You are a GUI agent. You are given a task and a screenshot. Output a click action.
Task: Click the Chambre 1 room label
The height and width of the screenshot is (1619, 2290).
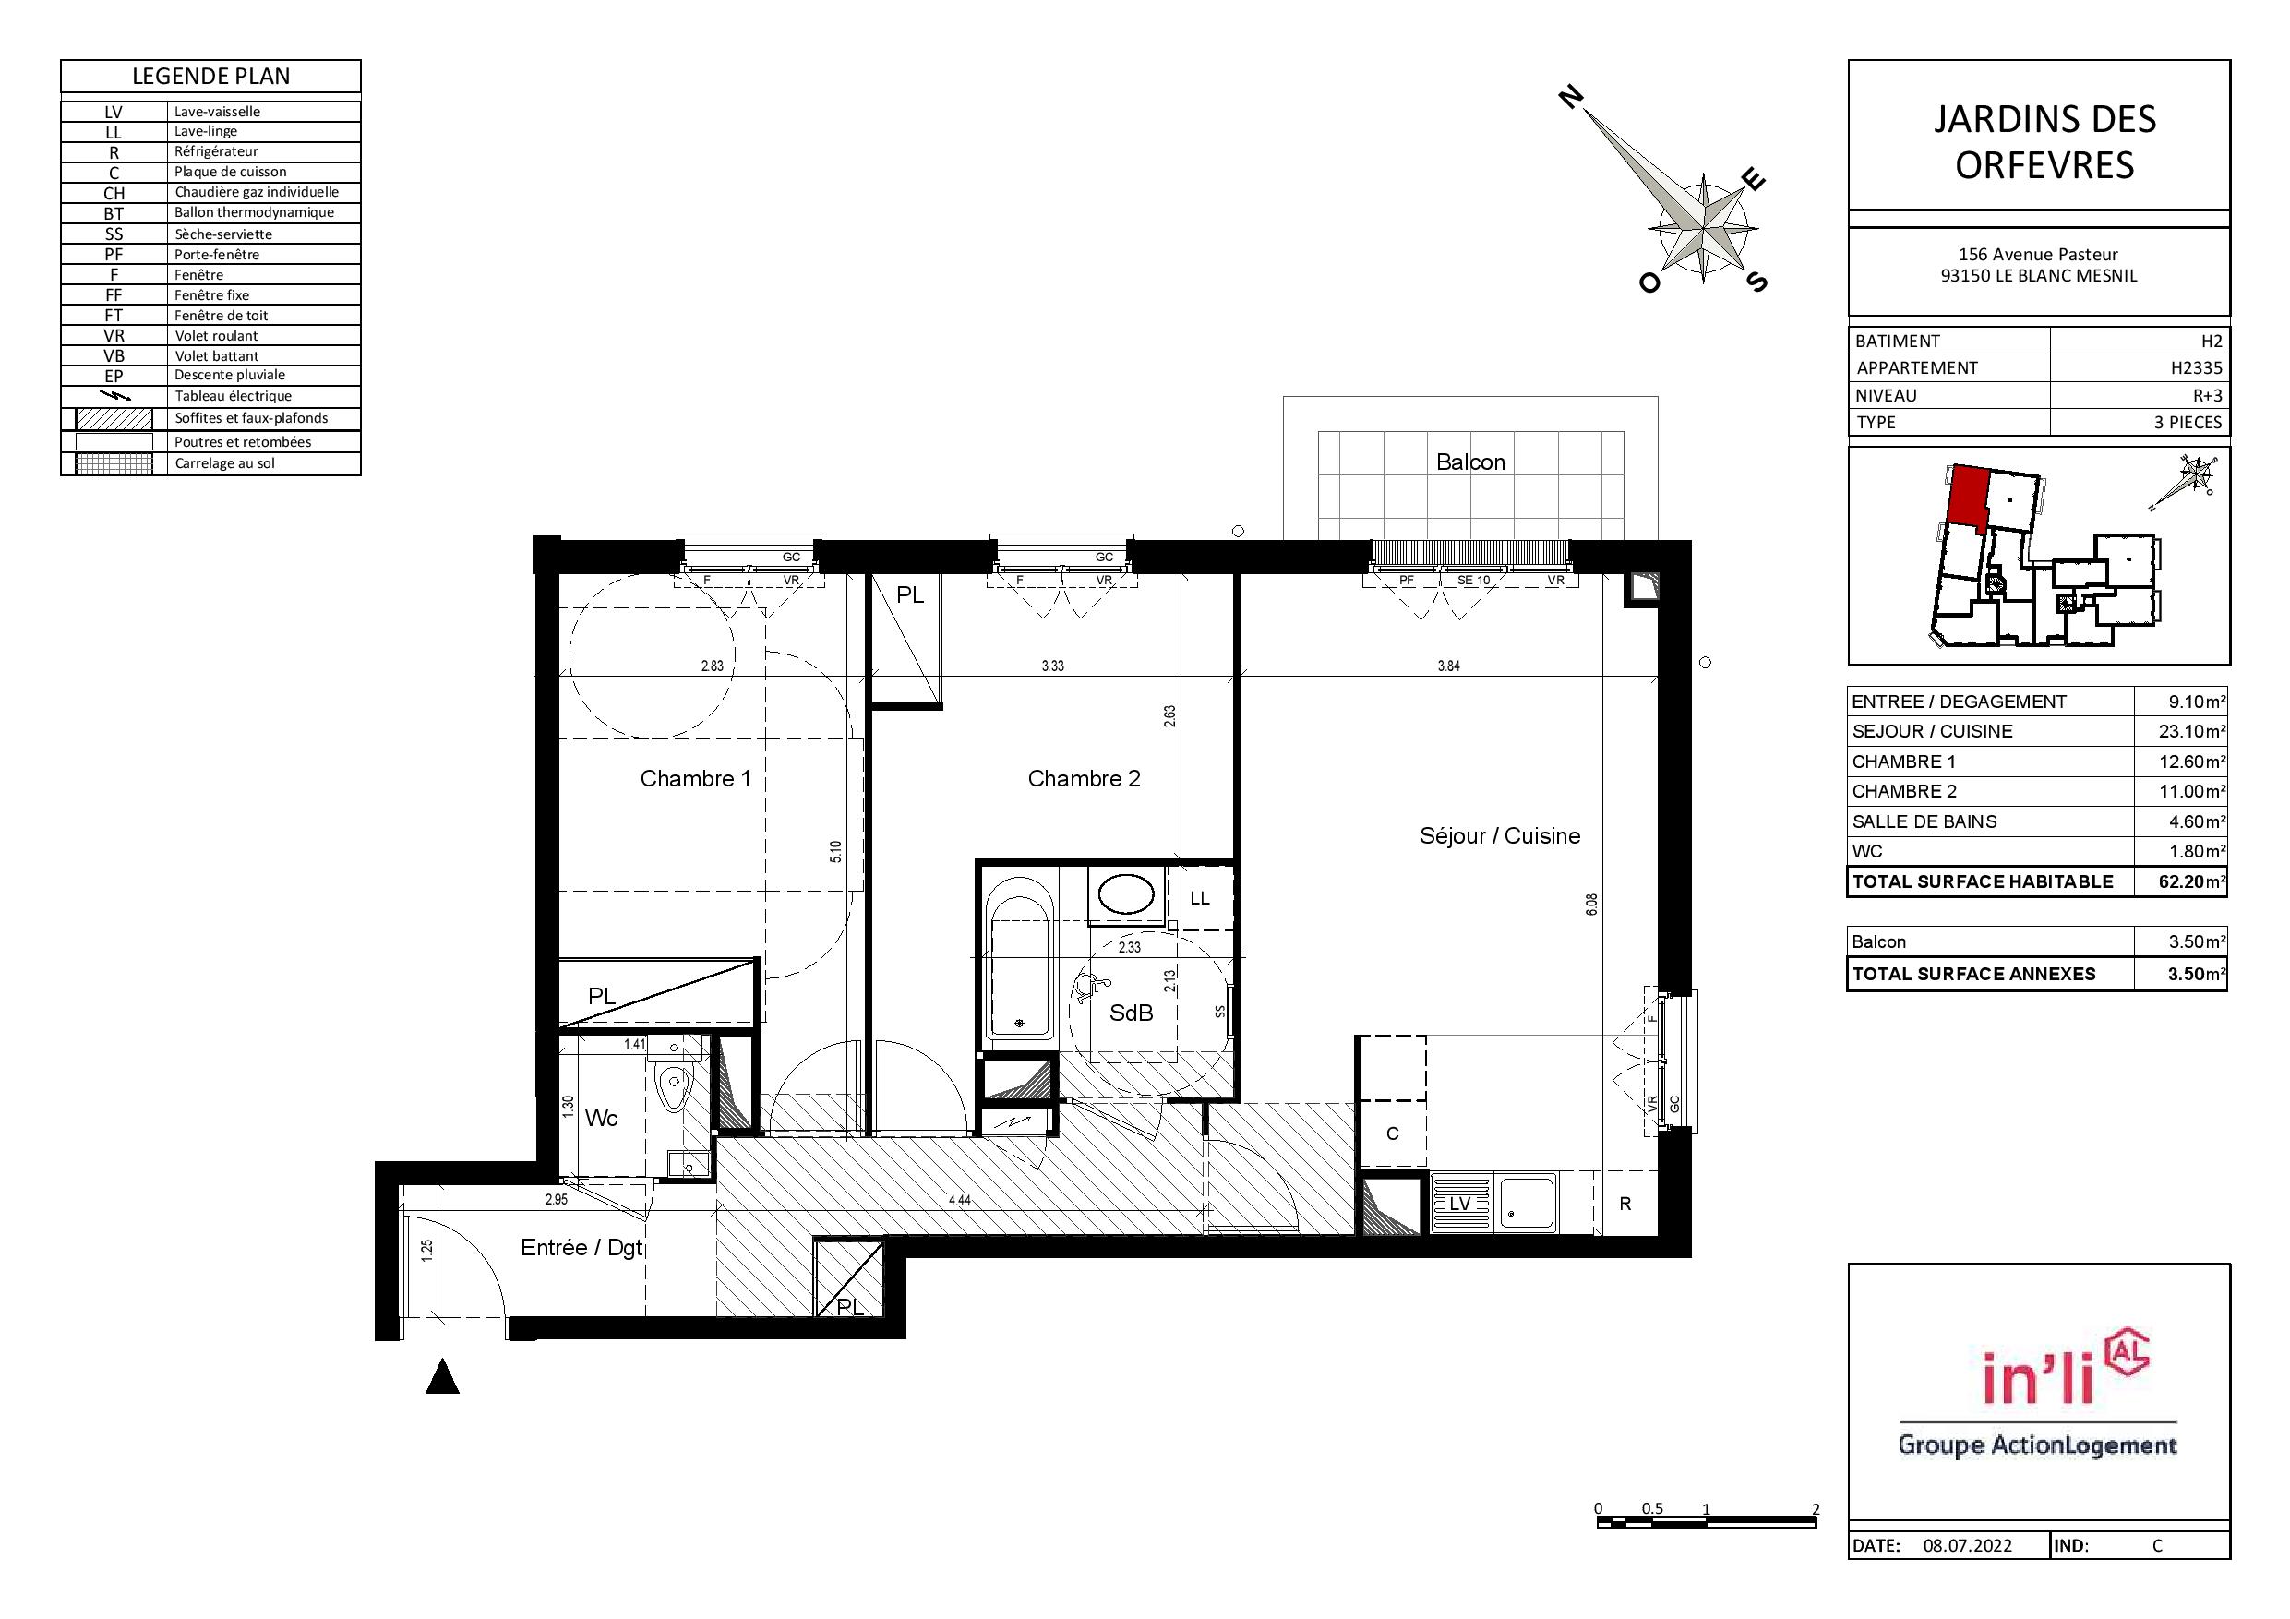pos(695,778)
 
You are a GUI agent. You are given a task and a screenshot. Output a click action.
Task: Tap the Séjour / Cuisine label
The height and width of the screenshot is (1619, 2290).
pos(1499,836)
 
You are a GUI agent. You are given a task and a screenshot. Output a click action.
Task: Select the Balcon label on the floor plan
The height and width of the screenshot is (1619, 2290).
pos(1470,462)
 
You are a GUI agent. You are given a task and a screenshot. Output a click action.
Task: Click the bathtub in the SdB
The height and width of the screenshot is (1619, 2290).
pos(1018,957)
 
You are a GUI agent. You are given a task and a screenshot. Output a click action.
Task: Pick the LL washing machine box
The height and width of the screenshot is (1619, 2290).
pos(1200,898)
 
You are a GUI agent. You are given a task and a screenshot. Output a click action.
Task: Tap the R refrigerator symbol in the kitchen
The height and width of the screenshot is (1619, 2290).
pos(1625,1204)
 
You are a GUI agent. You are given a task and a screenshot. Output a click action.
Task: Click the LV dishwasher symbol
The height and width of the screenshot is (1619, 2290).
pos(1460,1204)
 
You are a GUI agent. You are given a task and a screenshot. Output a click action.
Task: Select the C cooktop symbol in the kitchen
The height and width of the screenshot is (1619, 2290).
pos(1392,1133)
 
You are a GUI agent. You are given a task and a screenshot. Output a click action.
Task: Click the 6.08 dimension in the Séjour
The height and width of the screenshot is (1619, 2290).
pos(1592,904)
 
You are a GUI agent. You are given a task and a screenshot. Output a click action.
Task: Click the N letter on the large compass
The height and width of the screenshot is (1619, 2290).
pos(1571,97)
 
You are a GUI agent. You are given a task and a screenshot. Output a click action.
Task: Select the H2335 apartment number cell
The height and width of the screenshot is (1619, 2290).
pos(2196,368)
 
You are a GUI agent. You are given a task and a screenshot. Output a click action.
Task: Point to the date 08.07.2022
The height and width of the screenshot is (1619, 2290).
pos(1968,1545)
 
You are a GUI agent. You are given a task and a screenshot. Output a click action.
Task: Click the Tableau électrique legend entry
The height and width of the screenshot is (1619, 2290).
pos(234,396)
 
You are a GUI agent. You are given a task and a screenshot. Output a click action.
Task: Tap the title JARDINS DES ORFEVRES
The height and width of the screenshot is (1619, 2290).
pos(2044,141)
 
